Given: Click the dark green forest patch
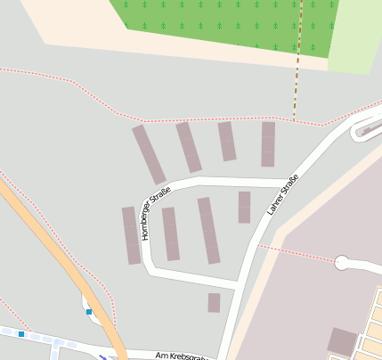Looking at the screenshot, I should (223, 23).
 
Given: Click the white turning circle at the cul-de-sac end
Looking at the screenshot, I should (342, 263).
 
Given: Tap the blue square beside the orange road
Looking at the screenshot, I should (89, 312).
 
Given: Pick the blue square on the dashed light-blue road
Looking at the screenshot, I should (21, 333).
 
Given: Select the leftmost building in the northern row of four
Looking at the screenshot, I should (149, 154).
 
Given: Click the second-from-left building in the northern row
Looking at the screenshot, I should (189, 147).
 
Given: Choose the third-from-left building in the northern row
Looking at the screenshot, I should (227, 141).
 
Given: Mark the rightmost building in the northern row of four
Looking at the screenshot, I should (268, 144).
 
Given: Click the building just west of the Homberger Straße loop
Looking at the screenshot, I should (132, 235).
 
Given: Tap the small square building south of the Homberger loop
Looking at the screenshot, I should (214, 303).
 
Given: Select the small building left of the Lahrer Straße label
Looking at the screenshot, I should (244, 207).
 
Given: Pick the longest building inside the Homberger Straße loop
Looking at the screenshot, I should (208, 230).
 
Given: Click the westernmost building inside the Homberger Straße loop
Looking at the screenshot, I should (170, 233).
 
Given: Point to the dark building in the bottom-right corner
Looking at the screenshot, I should (342, 341).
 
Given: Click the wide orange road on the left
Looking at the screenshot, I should (53, 250).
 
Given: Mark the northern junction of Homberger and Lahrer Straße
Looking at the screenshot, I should (294, 177).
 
